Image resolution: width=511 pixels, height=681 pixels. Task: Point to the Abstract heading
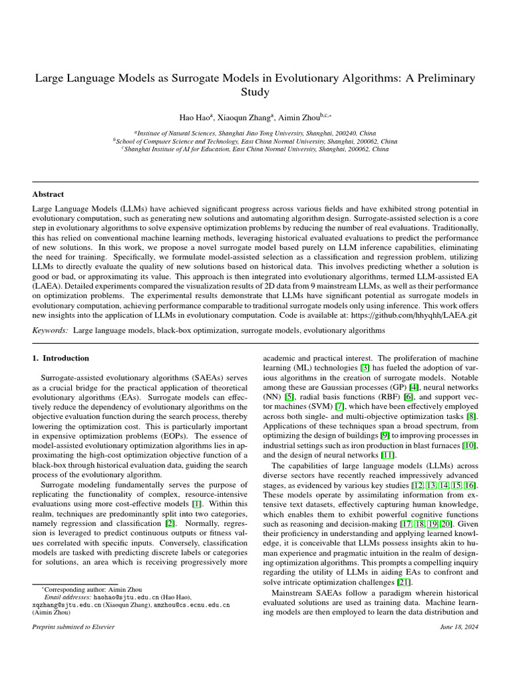(x=48, y=194)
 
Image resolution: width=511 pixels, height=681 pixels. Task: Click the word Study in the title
(x=255, y=93)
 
